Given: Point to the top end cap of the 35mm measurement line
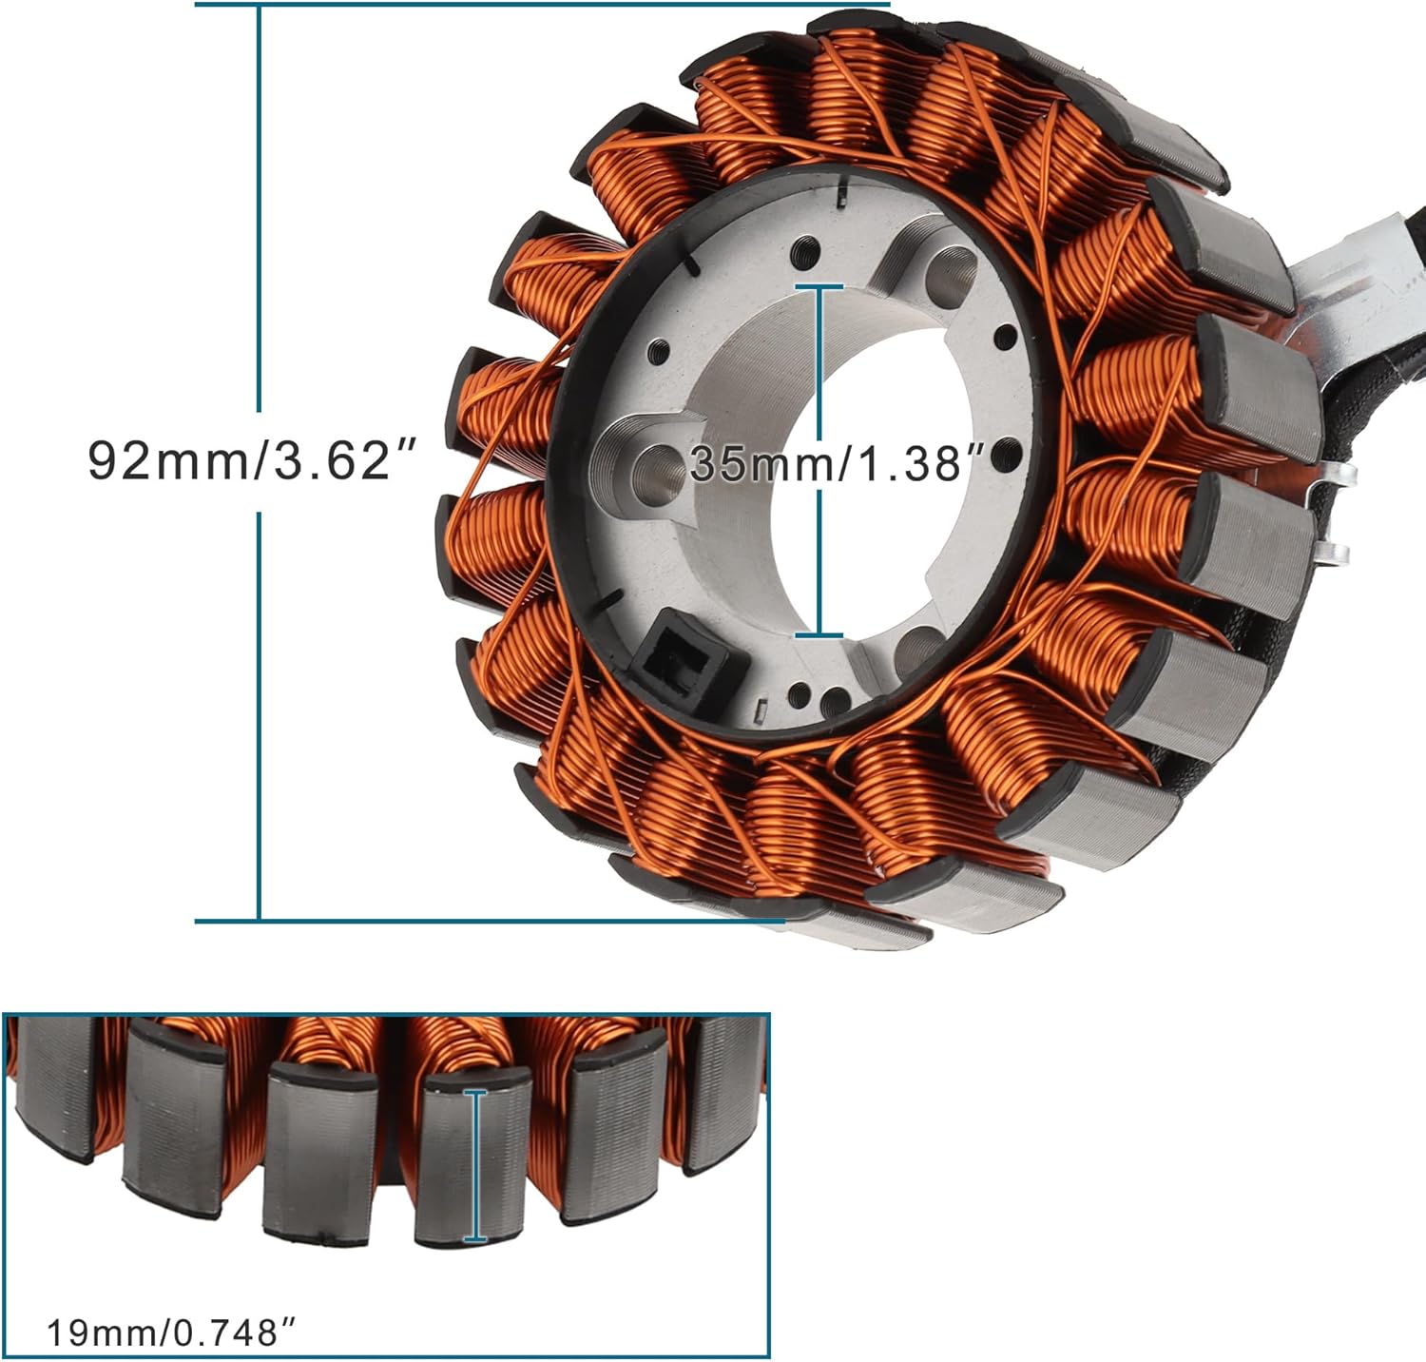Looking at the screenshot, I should click(819, 286).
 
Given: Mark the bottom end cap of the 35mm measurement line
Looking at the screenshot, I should click(819, 634).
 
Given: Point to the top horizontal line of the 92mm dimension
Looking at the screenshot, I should click(542, 4).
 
